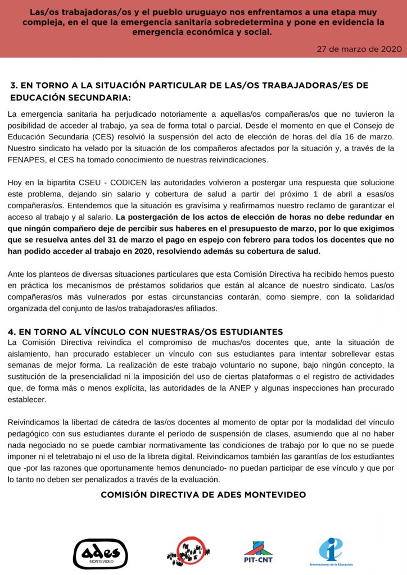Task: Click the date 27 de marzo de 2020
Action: (x=359, y=49)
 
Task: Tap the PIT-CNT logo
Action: (x=258, y=552)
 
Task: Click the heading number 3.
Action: (x=13, y=85)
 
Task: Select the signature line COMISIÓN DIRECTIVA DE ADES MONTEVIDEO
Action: (x=203, y=495)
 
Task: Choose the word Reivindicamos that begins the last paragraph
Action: (x=37, y=422)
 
